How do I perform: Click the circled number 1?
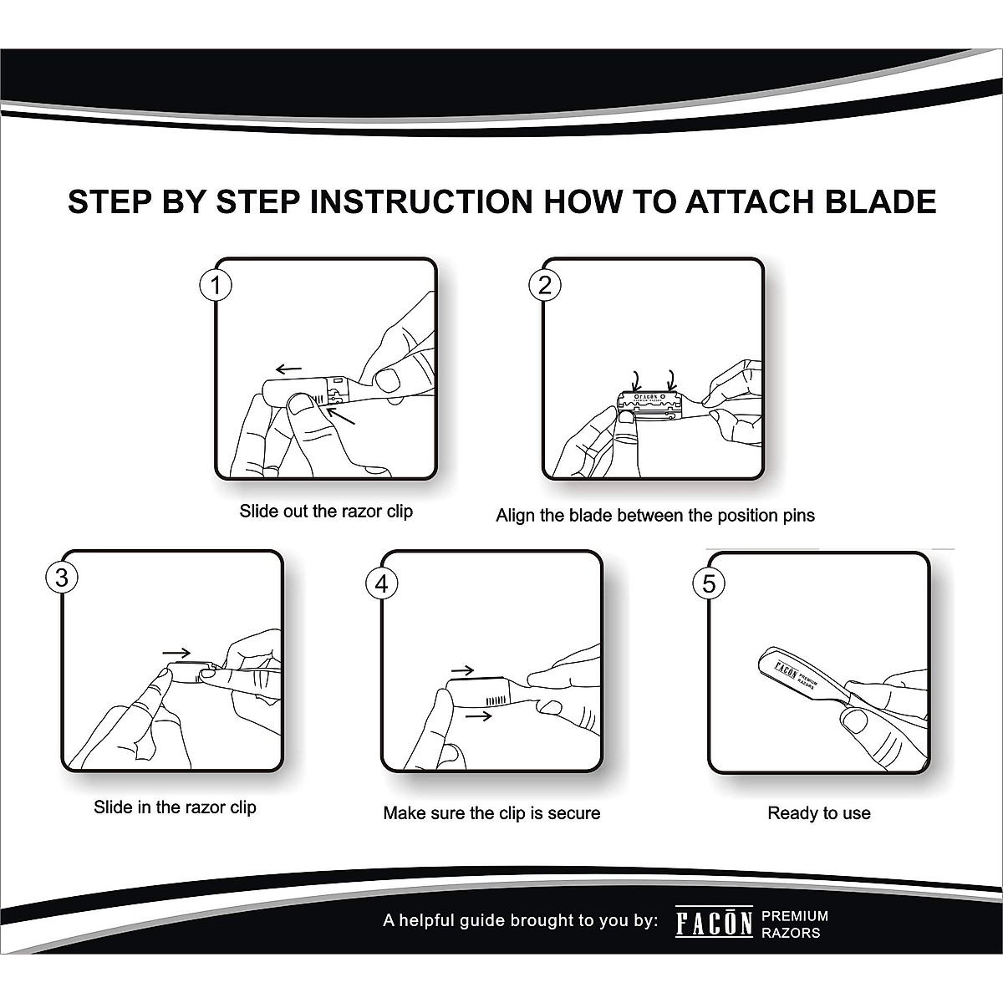pos(216,285)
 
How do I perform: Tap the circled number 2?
pos(544,285)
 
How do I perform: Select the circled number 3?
pos(62,578)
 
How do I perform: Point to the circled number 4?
pos(381,583)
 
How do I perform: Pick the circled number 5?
pos(709,583)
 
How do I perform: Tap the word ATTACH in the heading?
pos(748,202)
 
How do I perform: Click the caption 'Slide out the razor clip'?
pos(326,512)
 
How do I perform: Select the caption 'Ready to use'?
pos(819,813)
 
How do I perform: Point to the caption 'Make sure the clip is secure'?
pos(491,813)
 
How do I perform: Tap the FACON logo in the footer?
pos(714,922)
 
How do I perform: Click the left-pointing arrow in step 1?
pos(289,369)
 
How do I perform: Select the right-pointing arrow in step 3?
pos(176,653)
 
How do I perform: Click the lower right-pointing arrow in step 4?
pos(478,716)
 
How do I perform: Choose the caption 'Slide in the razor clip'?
pos(175,807)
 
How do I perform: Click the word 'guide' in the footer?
pos(479,921)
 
